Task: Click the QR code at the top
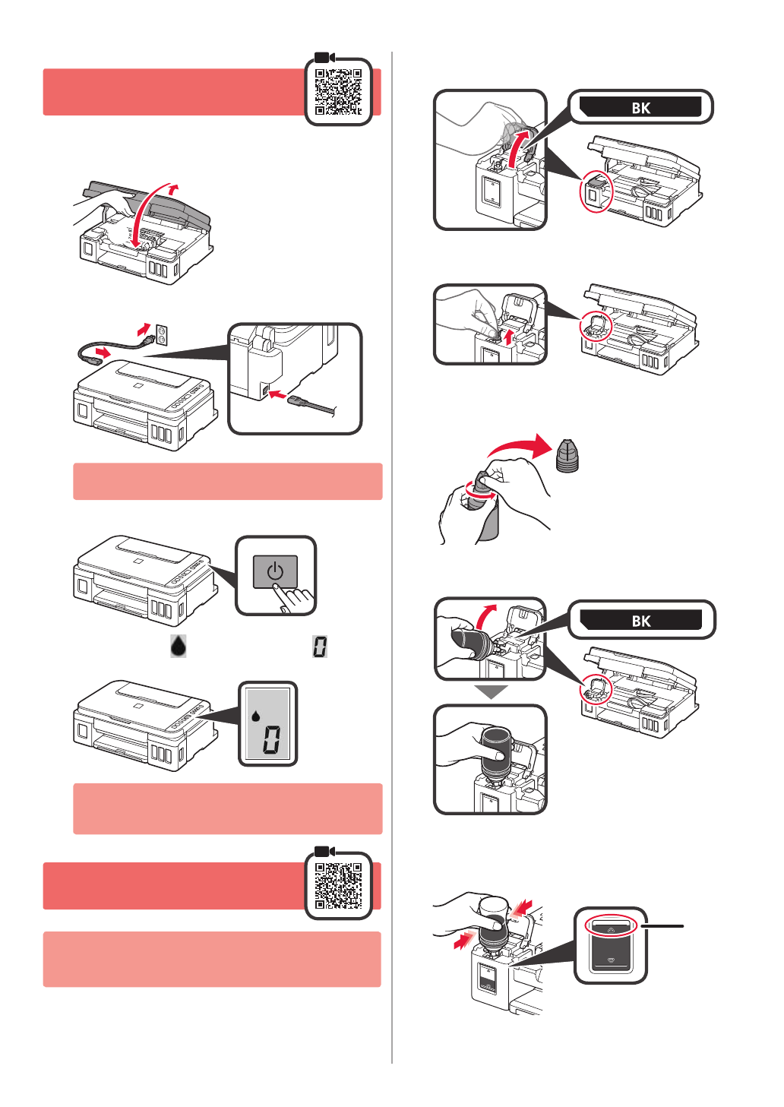[338, 92]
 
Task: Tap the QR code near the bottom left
[338, 886]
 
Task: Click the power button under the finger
[275, 571]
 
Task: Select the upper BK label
[640, 107]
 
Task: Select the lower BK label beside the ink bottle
[640, 620]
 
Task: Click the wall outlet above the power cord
[162, 333]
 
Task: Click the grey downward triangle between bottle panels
[491, 691]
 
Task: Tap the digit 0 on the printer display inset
[271, 739]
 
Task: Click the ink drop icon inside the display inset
[256, 715]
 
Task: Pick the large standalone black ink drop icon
[178, 646]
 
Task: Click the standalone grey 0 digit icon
[320, 647]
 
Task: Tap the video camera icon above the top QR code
[324, 58]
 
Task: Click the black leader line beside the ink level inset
[662, 926]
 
